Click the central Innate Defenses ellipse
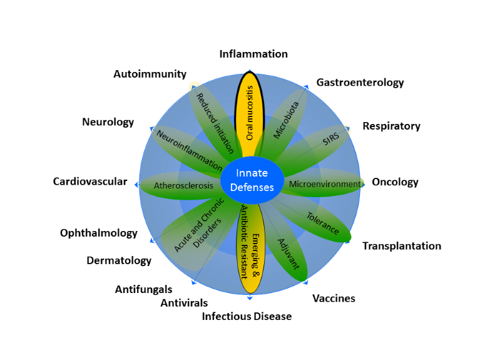pyautogui.click(x=251, y=180)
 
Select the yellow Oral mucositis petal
pyautogui.click(x=250, y=113)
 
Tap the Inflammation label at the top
pyautogui.click(x=253, y=54)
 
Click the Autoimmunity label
pyautogui.click(x=150, y=74)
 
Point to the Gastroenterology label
pyautogui.click(x=360, y=83)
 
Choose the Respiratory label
pyautogui.click(x=391, y=126)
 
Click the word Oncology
pyautogui.click(x=395, y=182)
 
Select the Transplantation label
pyautogui.click(x=402, y=245)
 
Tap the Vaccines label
pyautogui.click(x=334, y=298)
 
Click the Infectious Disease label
pyautogui.click(x=247, y=316)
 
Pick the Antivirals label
pyautogui.click(x=184, y=303)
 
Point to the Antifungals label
pyautogui.click(x=143, y=289)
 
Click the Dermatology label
pyautogui.click(x=119, y=260)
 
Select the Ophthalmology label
pyautogui.click(x=99, y=233)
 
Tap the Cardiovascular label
pyautogui.click(x=90, y=182)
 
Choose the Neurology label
pyautogui.click(x=108, y=122)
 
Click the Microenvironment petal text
pyautogui.click(x=325, y=184)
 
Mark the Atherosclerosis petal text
pyautogui.click(x=183, y=186)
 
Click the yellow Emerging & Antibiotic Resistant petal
pyautogui.click(x=250, y=250)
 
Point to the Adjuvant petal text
pyautogui.click(x=289, y=253)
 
